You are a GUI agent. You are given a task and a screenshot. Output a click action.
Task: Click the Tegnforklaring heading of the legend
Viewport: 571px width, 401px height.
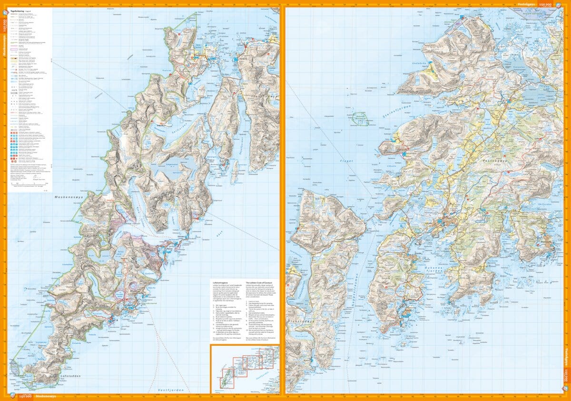(x=20, y=8)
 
